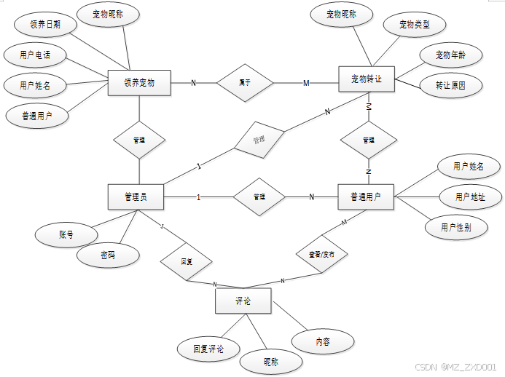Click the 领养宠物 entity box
coord(138,82)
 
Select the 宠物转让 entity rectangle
coord(367,79)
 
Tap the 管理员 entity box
coord(136,197)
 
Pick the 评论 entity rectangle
coord(243,301)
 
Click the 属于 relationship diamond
coord(245,83)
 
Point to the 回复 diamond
coord(187,261)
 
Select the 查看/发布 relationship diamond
coord(321,255)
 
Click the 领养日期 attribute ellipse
coord(45,24)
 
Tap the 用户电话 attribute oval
coord(35,55)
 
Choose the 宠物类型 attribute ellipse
coord(414,25)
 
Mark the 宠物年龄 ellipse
coord(450,55)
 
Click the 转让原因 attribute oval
coord(450,85)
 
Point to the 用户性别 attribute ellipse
coord(455,227)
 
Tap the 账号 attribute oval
coord(66,234)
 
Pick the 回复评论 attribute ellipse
coord(208,349)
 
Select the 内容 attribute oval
coord(323,341)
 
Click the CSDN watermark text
coord(455,368)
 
